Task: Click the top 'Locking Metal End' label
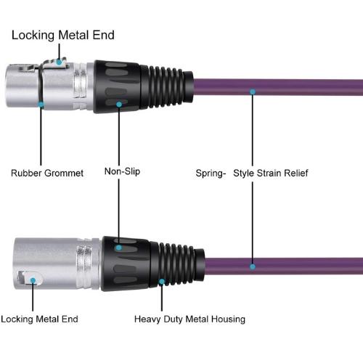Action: point(63,35)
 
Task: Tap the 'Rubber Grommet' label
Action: point(47,173)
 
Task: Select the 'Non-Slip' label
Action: point(122,171)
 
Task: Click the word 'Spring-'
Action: point(211,174)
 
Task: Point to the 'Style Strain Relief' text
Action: point(271,174)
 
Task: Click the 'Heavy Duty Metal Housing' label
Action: point(189,319)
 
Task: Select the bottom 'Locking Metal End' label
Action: point(39,319)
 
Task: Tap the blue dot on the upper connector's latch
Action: point(59,62)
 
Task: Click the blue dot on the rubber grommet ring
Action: point(41,105)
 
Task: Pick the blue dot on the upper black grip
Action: point(119,105)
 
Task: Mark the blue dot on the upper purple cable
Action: point(253,91)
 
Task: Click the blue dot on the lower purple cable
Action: point(253,266)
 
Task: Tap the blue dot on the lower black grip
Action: point(119,248)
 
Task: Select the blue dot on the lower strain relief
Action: point(162,282)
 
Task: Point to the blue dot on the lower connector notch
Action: point(33,280)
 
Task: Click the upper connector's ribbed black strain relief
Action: point(167,86)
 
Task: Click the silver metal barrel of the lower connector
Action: point(57,264)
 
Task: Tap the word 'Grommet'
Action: point(64,173)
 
